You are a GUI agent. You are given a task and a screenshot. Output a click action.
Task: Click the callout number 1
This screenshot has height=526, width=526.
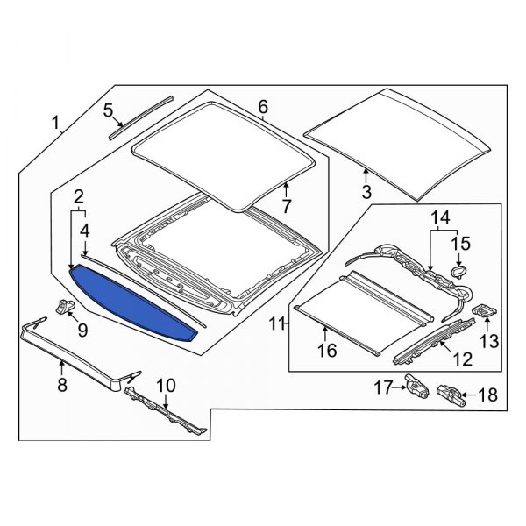coord(57,124)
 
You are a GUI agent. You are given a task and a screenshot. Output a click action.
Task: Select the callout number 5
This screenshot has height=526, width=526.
coord(109,110)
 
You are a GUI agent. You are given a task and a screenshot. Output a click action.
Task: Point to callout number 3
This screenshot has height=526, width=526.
coord(366,190)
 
